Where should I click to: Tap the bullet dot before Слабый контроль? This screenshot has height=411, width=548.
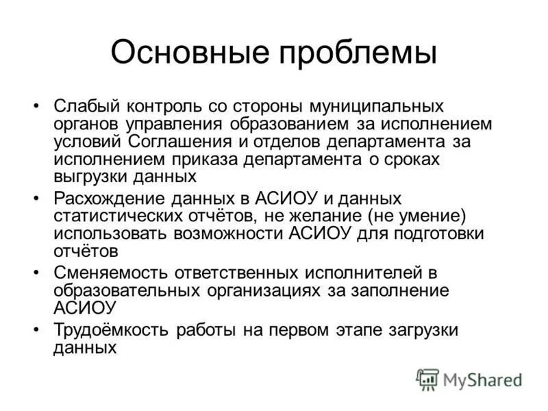(x=36, y=108)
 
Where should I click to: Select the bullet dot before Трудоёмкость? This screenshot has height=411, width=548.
(x=36, y=330)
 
